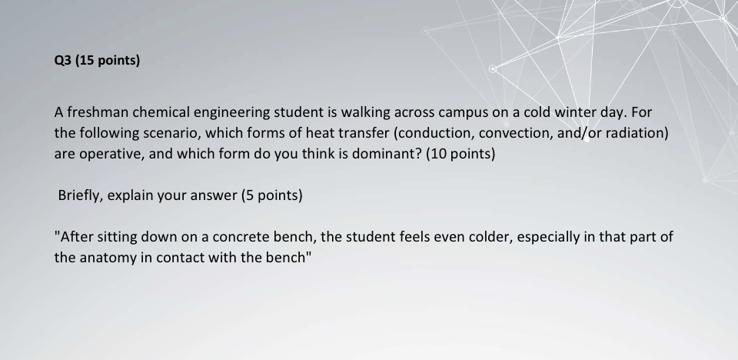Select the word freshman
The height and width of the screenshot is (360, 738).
click(x=96, y=112)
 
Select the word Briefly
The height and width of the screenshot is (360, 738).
click(x=81, y=195)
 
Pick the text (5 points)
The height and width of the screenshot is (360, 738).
click(x=272, y=195)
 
